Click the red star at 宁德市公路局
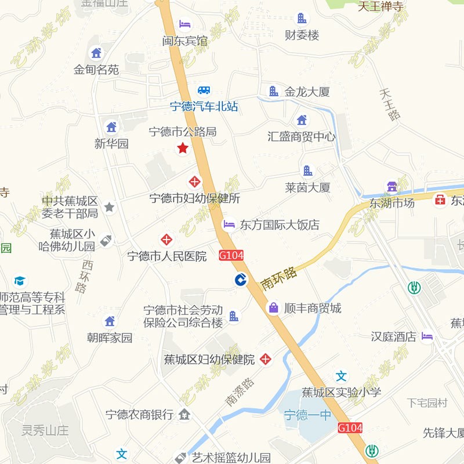pos(183,148)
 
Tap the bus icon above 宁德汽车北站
pos(204,90)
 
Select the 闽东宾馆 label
pos(185,41)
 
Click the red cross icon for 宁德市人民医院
pos(167,239)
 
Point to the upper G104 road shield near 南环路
pos(231,255)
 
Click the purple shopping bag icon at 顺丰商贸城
pos(273,308)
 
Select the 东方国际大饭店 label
pos(280,224)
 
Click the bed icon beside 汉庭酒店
pos(427,336)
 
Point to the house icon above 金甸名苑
pos(96,53)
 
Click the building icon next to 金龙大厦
pos(273,91)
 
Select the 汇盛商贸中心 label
pos(301,137)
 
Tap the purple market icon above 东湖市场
pos(392,187)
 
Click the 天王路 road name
pos(390,104)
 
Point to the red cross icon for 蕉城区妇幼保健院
pos(266,359)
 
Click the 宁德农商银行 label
pos(139,415)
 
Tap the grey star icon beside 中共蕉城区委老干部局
pos(110,207)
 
